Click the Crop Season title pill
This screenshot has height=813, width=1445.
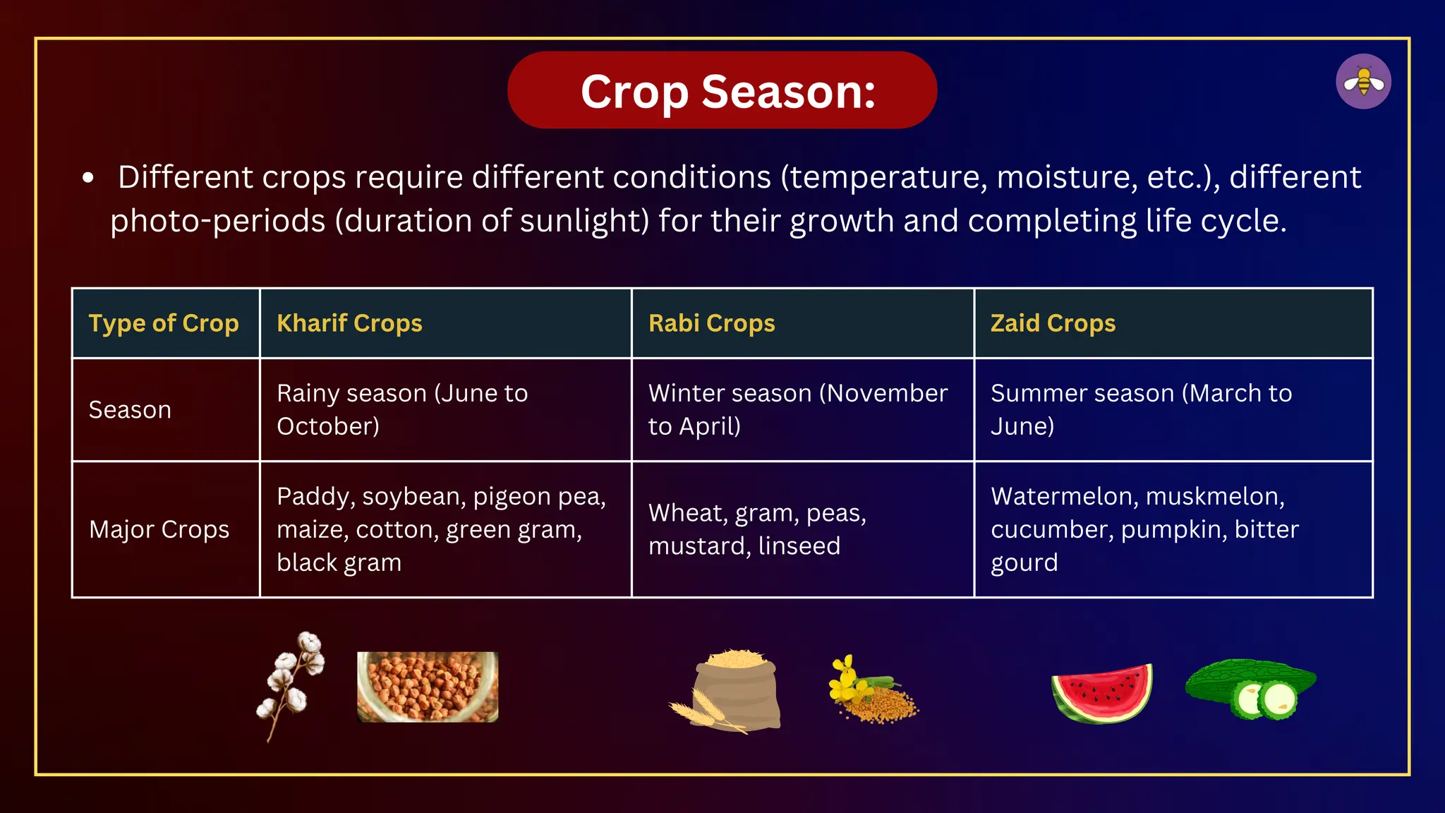(722, 90)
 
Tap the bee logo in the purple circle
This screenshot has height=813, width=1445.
(1363, 82)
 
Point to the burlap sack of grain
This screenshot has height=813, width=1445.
(734, 692)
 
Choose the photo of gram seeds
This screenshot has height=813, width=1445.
(428, 687)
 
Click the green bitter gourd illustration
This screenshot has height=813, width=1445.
(1251, 688)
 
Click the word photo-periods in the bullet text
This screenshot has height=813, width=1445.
(217, 221)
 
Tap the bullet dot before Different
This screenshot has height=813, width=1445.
(87, 178)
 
